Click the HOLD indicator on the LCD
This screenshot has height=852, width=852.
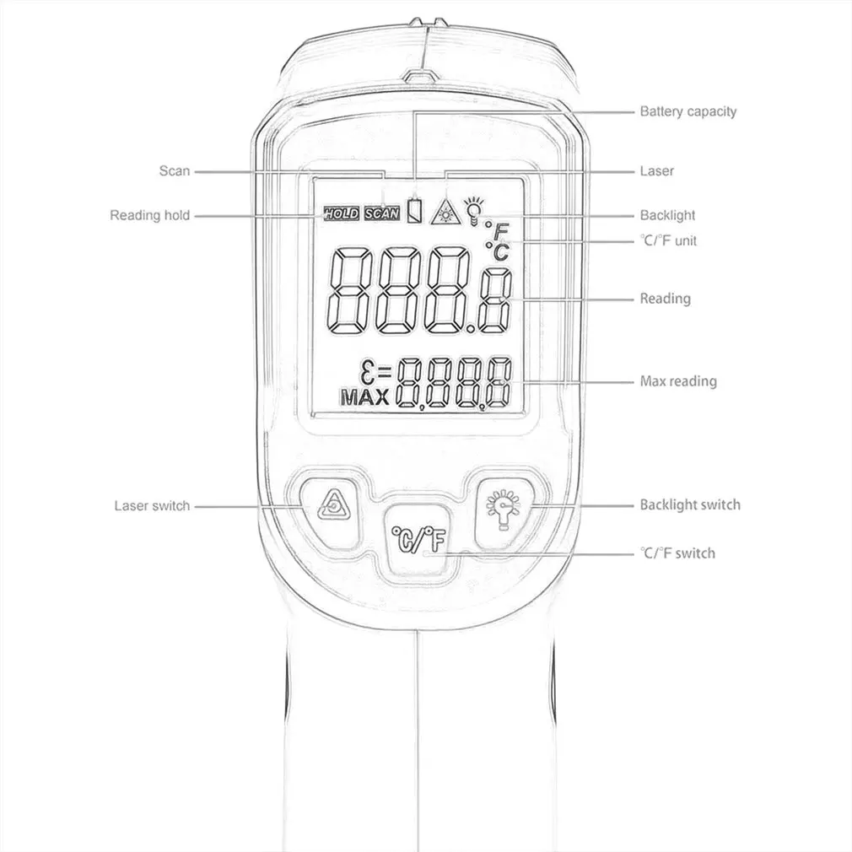point(342,213)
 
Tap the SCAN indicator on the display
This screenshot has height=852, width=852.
point(382,213)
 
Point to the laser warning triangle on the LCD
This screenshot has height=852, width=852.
point(445,213)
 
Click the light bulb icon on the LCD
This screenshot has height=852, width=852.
point(473,211)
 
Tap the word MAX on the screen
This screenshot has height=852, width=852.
point(365,397)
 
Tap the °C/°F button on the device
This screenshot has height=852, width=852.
point(418,540)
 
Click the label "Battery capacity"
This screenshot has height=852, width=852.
point(688,112)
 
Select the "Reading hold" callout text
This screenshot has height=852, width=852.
point(150,215)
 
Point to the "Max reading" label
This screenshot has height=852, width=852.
point(678,381)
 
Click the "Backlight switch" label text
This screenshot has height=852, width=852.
point(690,504)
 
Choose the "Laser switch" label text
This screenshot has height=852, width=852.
point(152,506)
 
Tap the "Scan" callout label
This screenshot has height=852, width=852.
point(175,171)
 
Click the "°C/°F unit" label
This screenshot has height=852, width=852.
point(668,240)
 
